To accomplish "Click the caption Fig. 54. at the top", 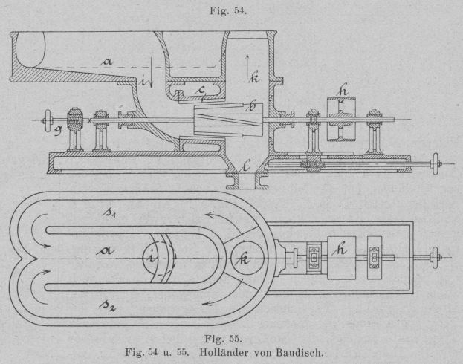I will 230,8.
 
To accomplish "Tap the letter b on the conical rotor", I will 251,108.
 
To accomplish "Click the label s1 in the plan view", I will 109,213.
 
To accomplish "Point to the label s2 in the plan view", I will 109,300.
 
